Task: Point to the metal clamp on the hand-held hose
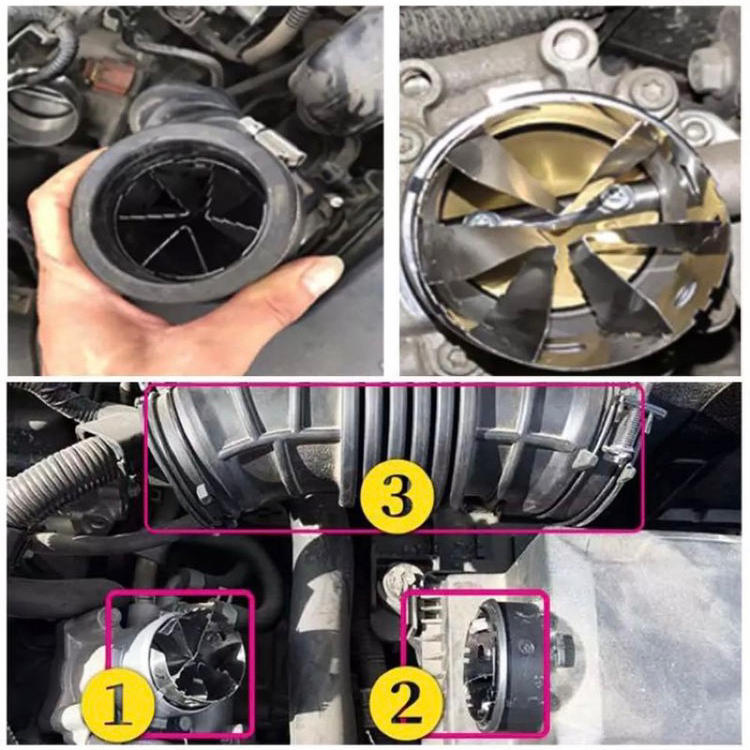pyautogui.click(x=272, y=141)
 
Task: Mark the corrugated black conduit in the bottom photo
pyautogui.click(x=56, y=478)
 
